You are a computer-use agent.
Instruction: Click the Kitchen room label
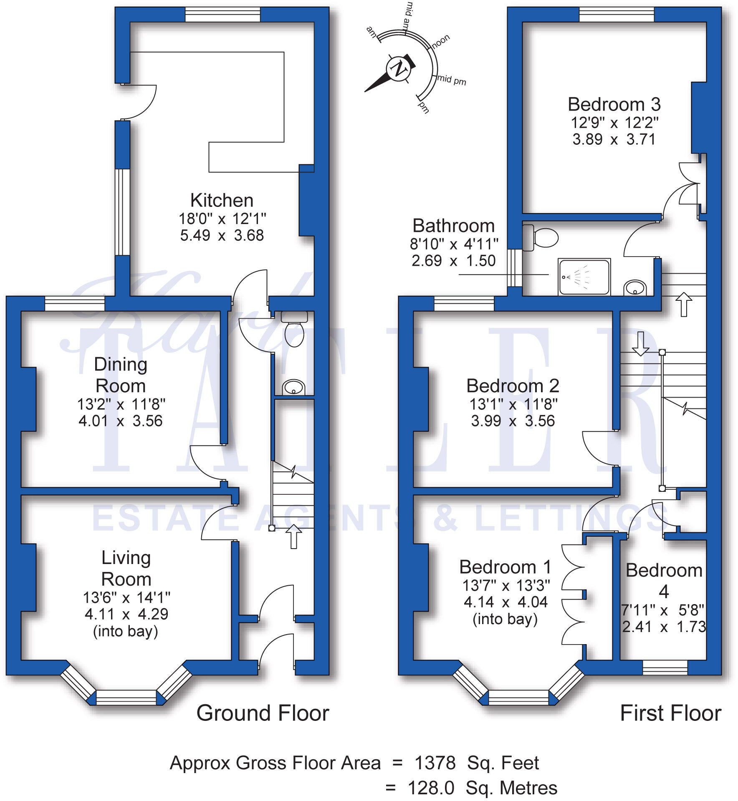pos(222,201)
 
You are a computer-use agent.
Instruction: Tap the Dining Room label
pos(121,375)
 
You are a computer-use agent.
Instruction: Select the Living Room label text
pos(126,568)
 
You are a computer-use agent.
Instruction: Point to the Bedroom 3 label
pos(614,104)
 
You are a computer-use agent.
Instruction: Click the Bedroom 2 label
pos(513,386)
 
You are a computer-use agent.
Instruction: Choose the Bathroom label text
pos(454,226)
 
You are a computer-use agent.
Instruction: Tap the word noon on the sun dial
pos(441,41)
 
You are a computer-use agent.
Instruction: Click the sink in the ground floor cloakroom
pos(293,387)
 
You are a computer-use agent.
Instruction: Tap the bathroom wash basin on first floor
pos(635,287)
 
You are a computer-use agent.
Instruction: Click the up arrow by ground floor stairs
pos(293,537)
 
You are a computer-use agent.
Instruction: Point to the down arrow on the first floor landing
pos(640,343)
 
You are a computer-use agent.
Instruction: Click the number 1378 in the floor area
pos(435,763)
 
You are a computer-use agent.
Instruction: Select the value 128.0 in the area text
pos(431,788)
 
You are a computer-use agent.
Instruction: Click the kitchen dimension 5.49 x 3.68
pos(222,236)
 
